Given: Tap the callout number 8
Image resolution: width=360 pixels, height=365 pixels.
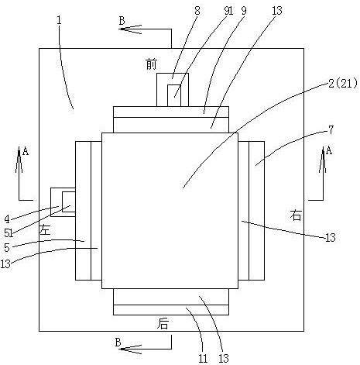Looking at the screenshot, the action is pos(197,11).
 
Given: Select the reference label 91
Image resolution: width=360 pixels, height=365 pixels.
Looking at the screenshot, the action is pos(228,11).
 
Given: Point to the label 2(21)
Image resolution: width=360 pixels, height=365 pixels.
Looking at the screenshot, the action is pos(343,84).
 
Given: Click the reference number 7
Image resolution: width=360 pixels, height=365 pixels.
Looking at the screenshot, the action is pos(331,130).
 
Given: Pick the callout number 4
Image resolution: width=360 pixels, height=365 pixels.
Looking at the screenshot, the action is pos(7,219).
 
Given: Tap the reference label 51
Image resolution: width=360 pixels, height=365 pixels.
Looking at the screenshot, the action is pos(9,233).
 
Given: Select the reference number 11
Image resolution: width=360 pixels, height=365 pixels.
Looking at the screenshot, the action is pos(203,358).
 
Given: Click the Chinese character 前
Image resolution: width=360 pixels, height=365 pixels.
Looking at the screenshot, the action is pos(151,64).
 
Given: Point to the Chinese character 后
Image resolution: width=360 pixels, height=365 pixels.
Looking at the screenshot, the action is pos(163,324).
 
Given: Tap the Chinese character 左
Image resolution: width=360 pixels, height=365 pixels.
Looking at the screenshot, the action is pos(45,229).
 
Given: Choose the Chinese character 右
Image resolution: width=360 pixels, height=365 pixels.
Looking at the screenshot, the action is pos(296,215).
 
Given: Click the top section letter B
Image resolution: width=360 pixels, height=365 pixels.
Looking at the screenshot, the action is pos(122,20).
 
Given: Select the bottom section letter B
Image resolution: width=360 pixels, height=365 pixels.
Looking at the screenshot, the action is pos(118,343).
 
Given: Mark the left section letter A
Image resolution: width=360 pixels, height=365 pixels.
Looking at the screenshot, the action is pos(26,151).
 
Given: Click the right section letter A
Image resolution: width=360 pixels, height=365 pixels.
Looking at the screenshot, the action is pos(328,150).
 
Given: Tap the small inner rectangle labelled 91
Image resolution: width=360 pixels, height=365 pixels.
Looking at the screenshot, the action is pos(174,95).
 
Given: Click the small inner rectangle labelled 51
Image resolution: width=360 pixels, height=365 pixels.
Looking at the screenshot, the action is pos(69,201).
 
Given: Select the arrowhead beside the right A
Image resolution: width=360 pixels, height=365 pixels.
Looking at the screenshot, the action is pos(322,160).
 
